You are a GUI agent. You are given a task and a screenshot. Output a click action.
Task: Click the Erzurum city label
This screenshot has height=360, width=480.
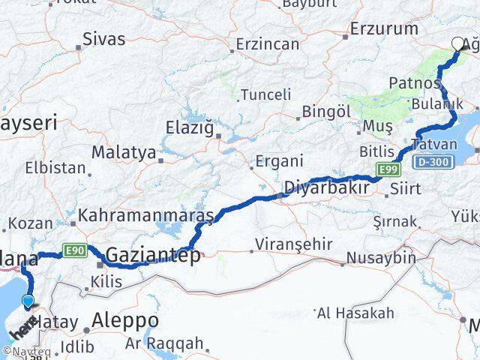385,29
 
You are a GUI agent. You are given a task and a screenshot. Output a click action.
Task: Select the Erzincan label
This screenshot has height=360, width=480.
267,44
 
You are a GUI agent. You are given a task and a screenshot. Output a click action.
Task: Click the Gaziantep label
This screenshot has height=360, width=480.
153,255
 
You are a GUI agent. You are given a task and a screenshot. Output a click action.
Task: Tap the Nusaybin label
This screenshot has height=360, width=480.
380,257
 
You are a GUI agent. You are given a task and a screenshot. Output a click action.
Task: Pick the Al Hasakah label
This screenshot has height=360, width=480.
355,312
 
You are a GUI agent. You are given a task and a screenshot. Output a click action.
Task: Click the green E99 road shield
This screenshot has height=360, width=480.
386,170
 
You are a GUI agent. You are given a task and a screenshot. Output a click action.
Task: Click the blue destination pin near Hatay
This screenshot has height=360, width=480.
28,301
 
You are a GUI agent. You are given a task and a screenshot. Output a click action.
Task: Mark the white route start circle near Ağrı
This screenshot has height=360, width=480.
459,43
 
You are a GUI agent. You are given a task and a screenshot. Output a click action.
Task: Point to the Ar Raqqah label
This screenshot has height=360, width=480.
164,343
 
